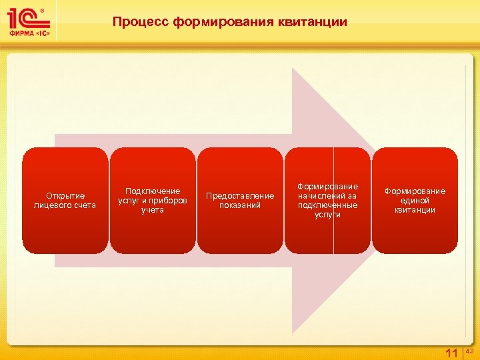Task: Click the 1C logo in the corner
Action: (26, 17)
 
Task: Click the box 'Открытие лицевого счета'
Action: (65, 201)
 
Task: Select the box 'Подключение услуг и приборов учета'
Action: (153, 201)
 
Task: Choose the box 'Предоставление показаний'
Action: (240, 201)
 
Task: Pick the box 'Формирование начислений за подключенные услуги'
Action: (327, 201)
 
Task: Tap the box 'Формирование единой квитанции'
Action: (415, 201)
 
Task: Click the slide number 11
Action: (451, 353)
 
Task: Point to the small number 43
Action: (469, 350)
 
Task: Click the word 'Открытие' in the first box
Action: (65, 195)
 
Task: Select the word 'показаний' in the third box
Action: (240, 205)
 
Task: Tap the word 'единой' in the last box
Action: (415, 201)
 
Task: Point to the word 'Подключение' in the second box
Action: (153, 191)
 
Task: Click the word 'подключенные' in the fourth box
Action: (327, 205)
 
